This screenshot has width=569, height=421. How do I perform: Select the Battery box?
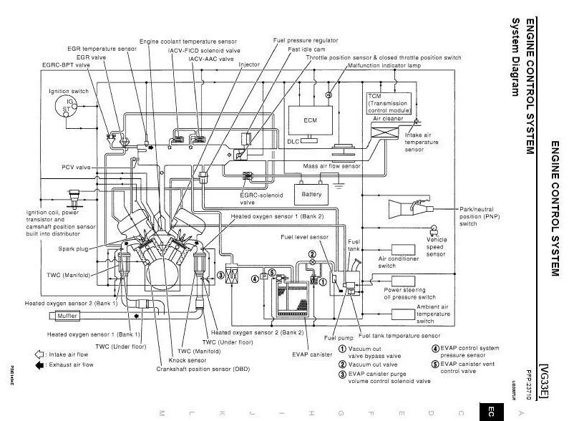tap(311, 194)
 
